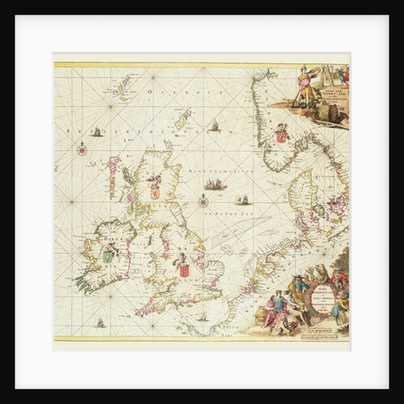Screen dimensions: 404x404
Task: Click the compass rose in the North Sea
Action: click(x=204, y=200)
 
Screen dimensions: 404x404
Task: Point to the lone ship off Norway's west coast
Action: click(x=215, y=126)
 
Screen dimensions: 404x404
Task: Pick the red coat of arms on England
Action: click(x=183, y=267)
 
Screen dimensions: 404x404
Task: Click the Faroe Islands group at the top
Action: click(x=124, y=83)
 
